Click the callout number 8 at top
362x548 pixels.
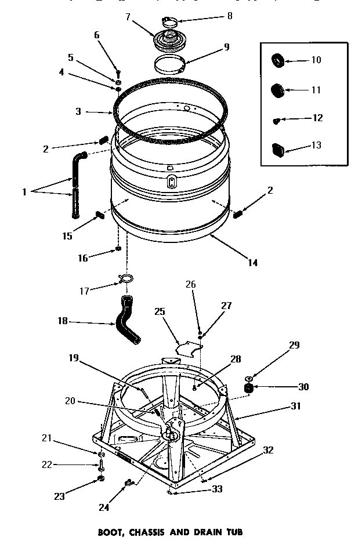point(229,16)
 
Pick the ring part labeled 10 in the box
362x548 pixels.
point(278,60)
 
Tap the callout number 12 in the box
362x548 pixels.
point(317,118)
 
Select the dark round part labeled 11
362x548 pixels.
point(278,90)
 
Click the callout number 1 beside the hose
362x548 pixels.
point(24,192)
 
